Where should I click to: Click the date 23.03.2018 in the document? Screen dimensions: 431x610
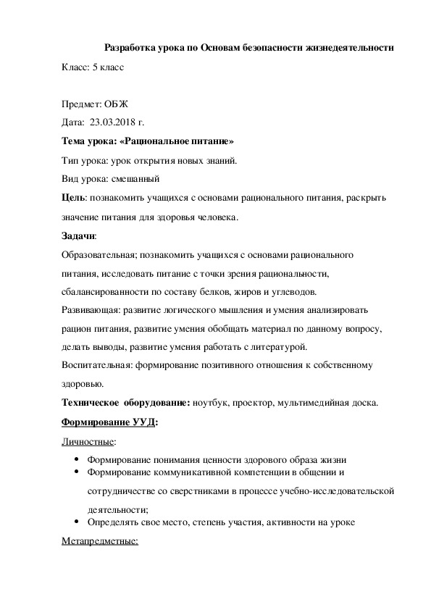(x=114, y=122)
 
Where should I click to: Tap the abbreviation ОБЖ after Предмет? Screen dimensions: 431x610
(x=110, y=104)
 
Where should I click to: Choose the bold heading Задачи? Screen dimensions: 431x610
(x=79, y=236)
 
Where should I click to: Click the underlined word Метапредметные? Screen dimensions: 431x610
(x=100, y=541)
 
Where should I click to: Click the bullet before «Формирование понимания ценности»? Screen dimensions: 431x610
(x=77, y=459)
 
